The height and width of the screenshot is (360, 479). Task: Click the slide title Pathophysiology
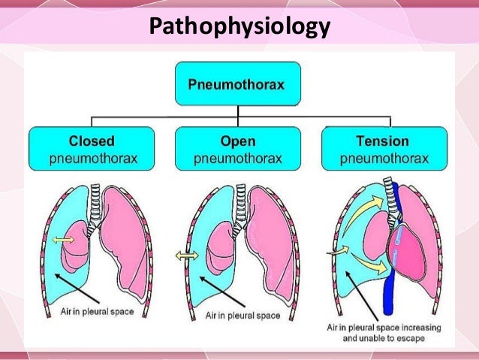(x=239, y=28)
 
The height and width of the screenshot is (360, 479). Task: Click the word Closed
(x=91, y=140)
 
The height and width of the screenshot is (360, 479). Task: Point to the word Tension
(x=383, y=140)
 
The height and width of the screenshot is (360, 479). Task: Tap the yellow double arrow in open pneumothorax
(x=186, y=256)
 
